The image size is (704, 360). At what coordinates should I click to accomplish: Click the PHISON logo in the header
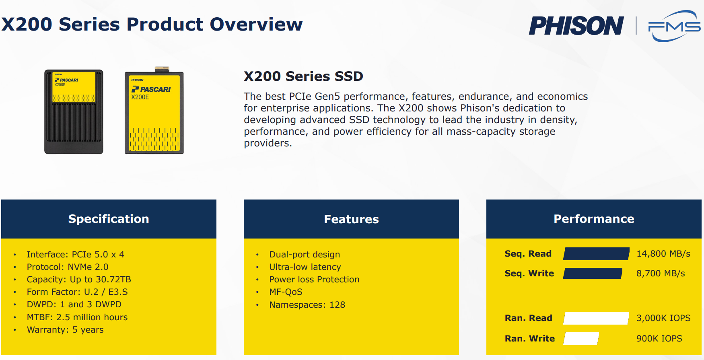click(576, 26)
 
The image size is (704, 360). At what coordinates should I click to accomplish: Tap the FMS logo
click(674, 26)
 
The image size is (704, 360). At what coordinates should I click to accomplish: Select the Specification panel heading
click(109, 219)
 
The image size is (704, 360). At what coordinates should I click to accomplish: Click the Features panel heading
click(351, 219)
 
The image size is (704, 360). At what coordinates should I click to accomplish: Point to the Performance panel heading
click(594, 219)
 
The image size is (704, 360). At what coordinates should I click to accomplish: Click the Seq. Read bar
click(596, 254)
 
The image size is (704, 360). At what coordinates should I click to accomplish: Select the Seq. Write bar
click(593, 274)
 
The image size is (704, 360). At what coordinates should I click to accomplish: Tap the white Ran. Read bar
click(596, 318)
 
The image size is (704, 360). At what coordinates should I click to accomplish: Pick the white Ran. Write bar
click(581, 339)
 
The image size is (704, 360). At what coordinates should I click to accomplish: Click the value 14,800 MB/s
click(663, 254)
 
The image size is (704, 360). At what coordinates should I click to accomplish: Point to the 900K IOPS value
click(659, 339)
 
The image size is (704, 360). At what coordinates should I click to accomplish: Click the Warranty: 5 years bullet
click(65, 330)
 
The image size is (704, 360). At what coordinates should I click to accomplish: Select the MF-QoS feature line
click(286, 292)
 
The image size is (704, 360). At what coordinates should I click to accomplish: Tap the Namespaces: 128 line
click(307, 305)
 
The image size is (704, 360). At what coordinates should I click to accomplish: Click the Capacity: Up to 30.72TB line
click(79, 280)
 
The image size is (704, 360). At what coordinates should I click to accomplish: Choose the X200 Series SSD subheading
click(303, 76)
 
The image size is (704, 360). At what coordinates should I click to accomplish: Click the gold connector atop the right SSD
click(162, 69)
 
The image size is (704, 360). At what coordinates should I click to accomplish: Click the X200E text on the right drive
click(140, 97)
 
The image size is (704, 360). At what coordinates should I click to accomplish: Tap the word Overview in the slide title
click(256, 24)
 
